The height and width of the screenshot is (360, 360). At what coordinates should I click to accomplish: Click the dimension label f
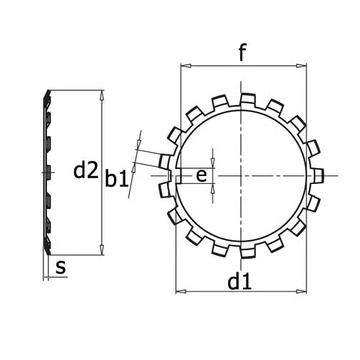click(x=242, y=52)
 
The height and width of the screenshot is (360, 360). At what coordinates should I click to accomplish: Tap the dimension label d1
click(x=240, y=281)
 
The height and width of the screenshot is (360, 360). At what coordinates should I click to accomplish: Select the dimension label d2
click(x=86, y=170)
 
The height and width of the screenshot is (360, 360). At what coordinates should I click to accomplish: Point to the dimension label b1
click(x=117, y=178)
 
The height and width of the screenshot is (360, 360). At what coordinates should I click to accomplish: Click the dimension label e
click(x=201, y=176)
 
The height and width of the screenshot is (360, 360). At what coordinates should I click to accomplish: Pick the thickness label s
click(x=61, y=267)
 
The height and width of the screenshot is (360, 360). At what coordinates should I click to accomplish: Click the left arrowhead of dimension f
click(x=186, y=66)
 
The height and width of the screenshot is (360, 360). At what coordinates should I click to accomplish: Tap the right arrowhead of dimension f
click(x=301, y=66)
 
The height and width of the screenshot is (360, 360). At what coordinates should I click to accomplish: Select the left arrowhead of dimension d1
click(x=181, y=291)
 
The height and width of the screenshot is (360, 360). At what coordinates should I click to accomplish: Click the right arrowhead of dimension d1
click(x=301, y=291)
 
